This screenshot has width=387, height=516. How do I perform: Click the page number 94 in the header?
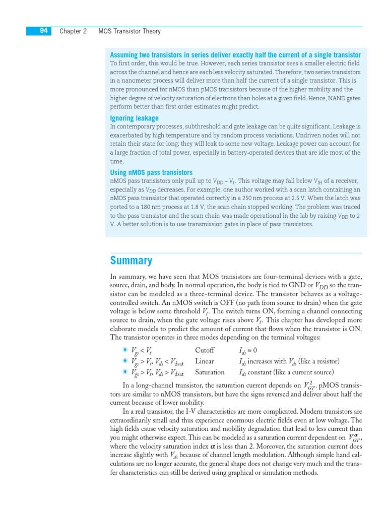coord(44,31)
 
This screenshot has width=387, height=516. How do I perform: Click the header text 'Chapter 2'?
coord(73,31)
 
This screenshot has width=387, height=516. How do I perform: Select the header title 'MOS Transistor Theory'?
coord(130,31)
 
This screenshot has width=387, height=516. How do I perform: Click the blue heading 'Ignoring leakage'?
coord(134,118)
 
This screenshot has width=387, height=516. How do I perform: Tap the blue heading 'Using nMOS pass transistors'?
coord(151,172)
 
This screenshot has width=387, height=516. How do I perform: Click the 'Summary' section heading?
coord(131,261)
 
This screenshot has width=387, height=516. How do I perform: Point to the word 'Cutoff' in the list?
coord(205,350)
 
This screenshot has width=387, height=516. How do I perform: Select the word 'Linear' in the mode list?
coord(204,361)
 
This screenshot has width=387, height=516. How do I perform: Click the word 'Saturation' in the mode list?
coord(210,372)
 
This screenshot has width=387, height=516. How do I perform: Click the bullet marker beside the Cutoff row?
coord(124,350)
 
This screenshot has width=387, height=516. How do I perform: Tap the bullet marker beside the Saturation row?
coord(124,372)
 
